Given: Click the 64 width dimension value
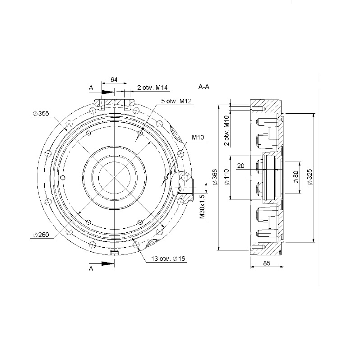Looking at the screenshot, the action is [x=114, y=79].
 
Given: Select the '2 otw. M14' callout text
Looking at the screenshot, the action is [x=152, y=88].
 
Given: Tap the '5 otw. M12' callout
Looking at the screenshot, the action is [x=176, y=101].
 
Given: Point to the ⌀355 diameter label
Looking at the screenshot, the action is [x=41, y=113].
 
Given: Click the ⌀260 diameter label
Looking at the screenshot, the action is [x=41, y=235].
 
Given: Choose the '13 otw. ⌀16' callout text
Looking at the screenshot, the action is [x=168, y=258].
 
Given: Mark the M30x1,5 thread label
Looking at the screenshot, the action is [x=202, y=207].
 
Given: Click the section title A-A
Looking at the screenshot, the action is [x=203, y=87].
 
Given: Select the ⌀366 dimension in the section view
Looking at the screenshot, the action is [x=215, y=177].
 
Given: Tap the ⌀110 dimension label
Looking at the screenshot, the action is [x=226, y=177].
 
